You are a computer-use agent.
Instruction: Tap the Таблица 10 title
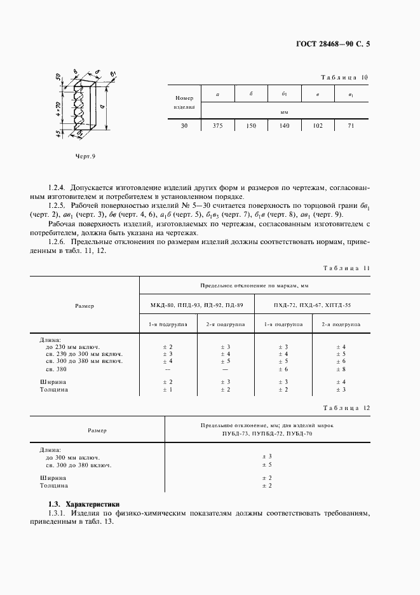tap(346, 78)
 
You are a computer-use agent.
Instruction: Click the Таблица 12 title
tap(346, 407)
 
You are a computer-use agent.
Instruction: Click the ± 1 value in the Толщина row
tap(168, 390)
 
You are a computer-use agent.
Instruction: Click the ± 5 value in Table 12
tap(267, 465)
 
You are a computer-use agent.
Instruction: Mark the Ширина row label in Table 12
tap(53, 477)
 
